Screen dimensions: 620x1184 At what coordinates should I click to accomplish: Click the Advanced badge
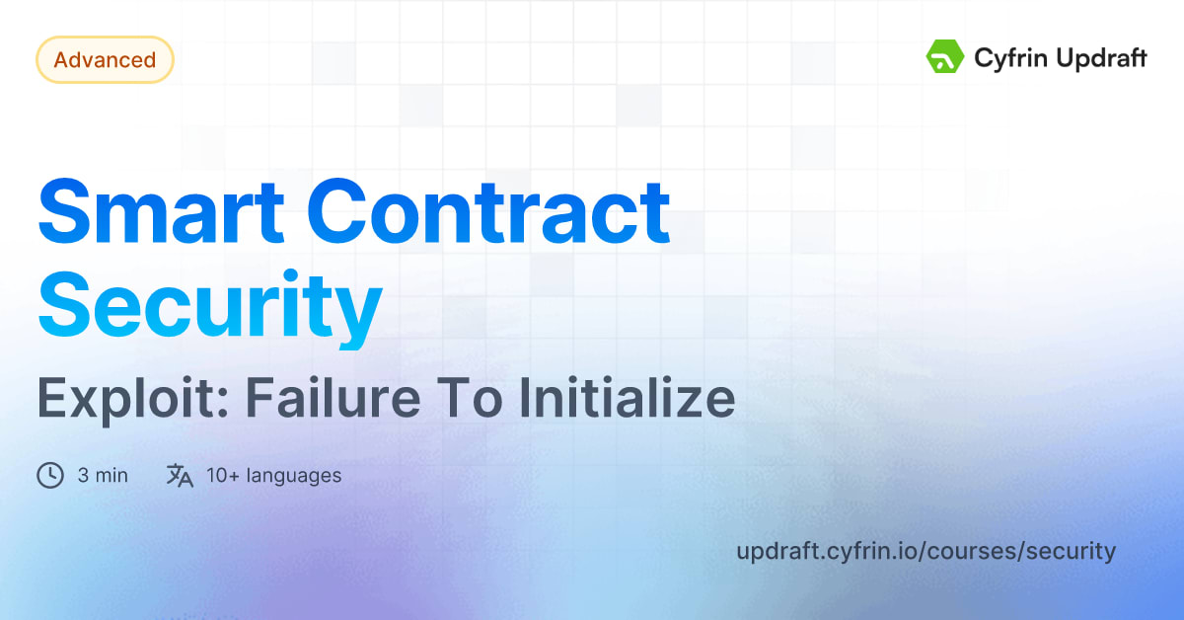coord(105,60)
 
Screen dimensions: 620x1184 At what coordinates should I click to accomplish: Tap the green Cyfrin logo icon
coord(944,57)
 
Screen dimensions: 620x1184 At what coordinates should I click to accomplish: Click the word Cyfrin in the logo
coord(1007,58)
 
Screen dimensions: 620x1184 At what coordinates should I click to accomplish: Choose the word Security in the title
coord(209,306)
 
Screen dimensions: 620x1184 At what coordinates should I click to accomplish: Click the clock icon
coord(49,476)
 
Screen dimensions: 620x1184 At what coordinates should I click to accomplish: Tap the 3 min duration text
coord(103,476)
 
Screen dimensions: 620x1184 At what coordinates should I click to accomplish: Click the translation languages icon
coord(180,476)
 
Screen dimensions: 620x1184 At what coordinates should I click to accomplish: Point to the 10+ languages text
coord(273,476)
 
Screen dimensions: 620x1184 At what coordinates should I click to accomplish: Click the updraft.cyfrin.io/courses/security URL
coord(925,551)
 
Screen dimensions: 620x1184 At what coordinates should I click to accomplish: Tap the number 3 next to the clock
coord(83,476)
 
